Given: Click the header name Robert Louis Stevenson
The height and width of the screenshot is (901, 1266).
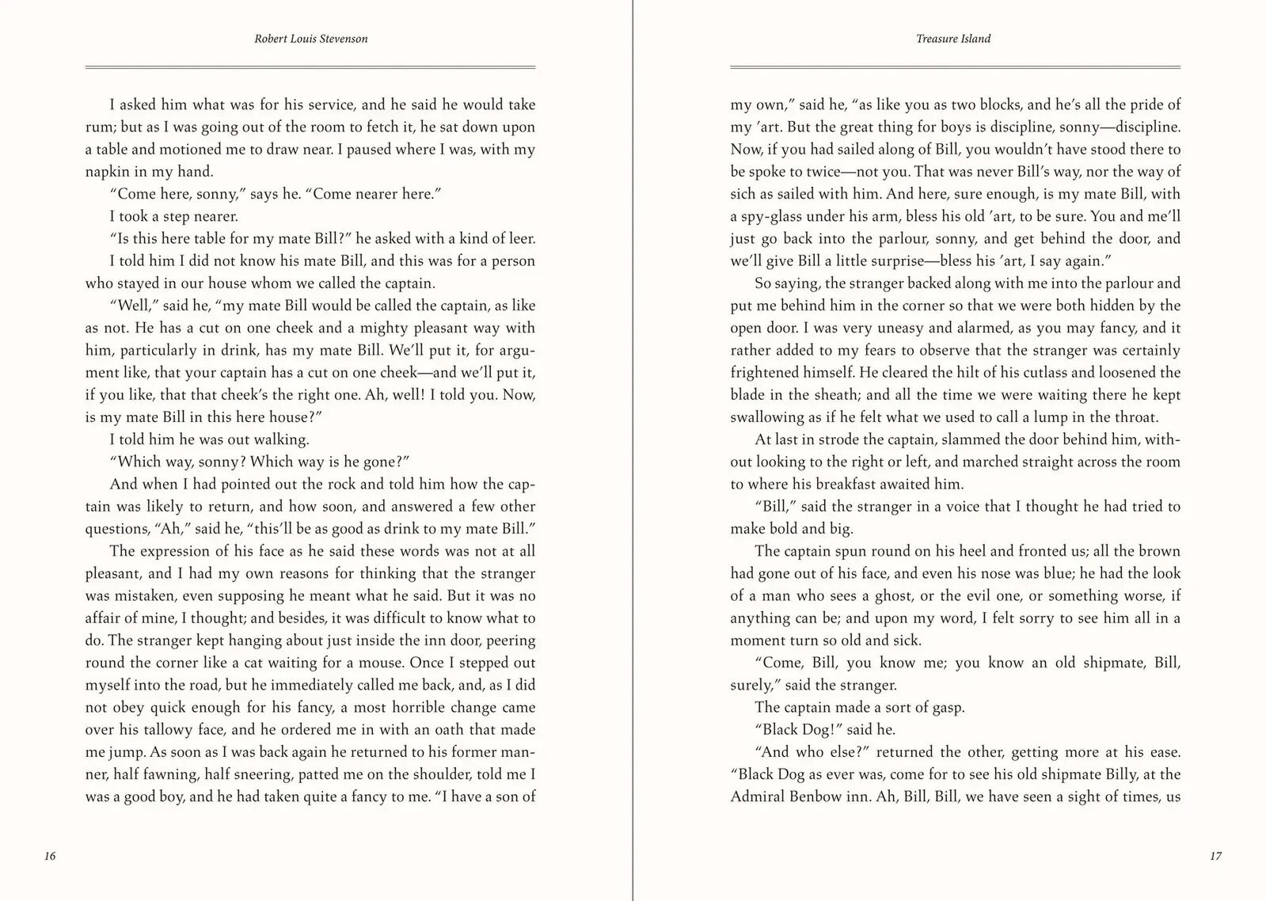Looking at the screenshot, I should pyautogui.click(x=310, y=39).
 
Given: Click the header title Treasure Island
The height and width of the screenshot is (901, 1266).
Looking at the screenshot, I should pyautogui.click(x=953, y=39).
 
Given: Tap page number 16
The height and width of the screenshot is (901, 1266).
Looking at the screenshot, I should pyautogui.click(x=50, y=856).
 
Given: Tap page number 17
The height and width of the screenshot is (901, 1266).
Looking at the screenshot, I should pyautogui.click(x=1216, y=856).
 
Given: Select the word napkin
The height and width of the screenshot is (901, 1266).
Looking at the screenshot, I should pyautogui.click(x=106, y=172).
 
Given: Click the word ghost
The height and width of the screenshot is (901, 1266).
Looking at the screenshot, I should pyautogui.click(x=853, y=595).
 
